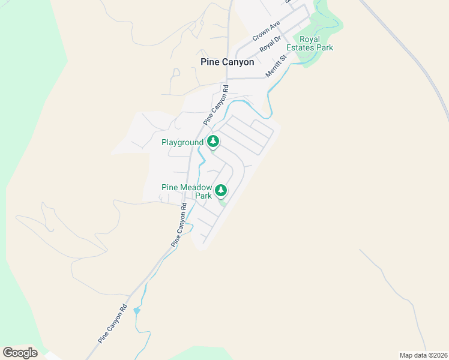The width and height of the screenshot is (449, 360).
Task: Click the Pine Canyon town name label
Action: click(227, 62)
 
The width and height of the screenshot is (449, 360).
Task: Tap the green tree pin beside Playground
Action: click(212, 142)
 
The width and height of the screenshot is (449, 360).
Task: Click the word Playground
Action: click(182, 143)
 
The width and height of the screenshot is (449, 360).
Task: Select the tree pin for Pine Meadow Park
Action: click(221, 190)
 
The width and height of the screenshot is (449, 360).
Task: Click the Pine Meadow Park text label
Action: click(187, 191)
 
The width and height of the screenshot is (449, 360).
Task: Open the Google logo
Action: click(20, 353)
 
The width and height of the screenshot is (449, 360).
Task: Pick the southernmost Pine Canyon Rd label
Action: click(113, 325)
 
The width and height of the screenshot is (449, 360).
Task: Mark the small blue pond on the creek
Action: click(137, 310)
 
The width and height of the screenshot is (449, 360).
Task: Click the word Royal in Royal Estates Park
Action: click(310, 39)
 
